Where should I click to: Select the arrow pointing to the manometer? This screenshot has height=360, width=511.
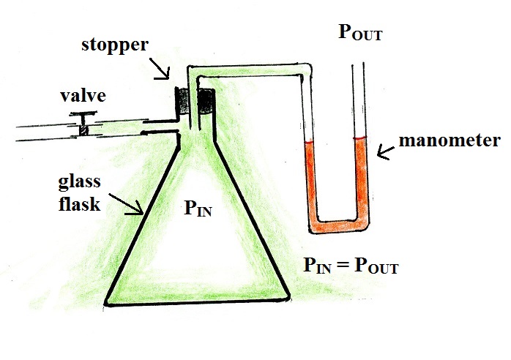click(x=385, y=151)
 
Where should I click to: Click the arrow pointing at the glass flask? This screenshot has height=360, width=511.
click(x=127, y=205)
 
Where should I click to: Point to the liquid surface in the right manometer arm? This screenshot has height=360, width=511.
click(x=358, y=139)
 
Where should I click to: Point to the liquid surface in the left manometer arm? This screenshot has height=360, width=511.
click(x=310, y=141)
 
